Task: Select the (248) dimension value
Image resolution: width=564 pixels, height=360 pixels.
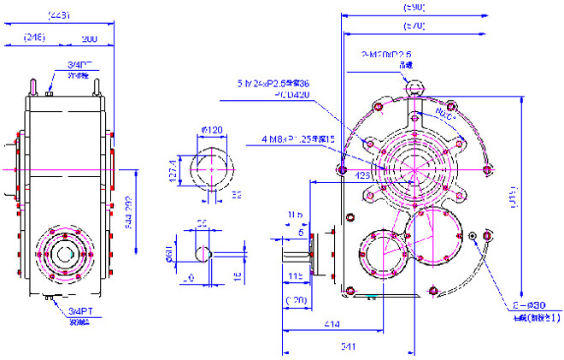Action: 35,38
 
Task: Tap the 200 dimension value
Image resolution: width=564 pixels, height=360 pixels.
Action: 88,38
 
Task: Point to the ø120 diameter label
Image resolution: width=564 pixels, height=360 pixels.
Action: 212,130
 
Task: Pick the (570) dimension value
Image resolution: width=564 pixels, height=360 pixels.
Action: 414,27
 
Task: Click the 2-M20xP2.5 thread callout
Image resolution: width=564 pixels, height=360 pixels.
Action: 387,54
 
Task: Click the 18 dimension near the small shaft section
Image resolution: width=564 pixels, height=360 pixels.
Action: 237,275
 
